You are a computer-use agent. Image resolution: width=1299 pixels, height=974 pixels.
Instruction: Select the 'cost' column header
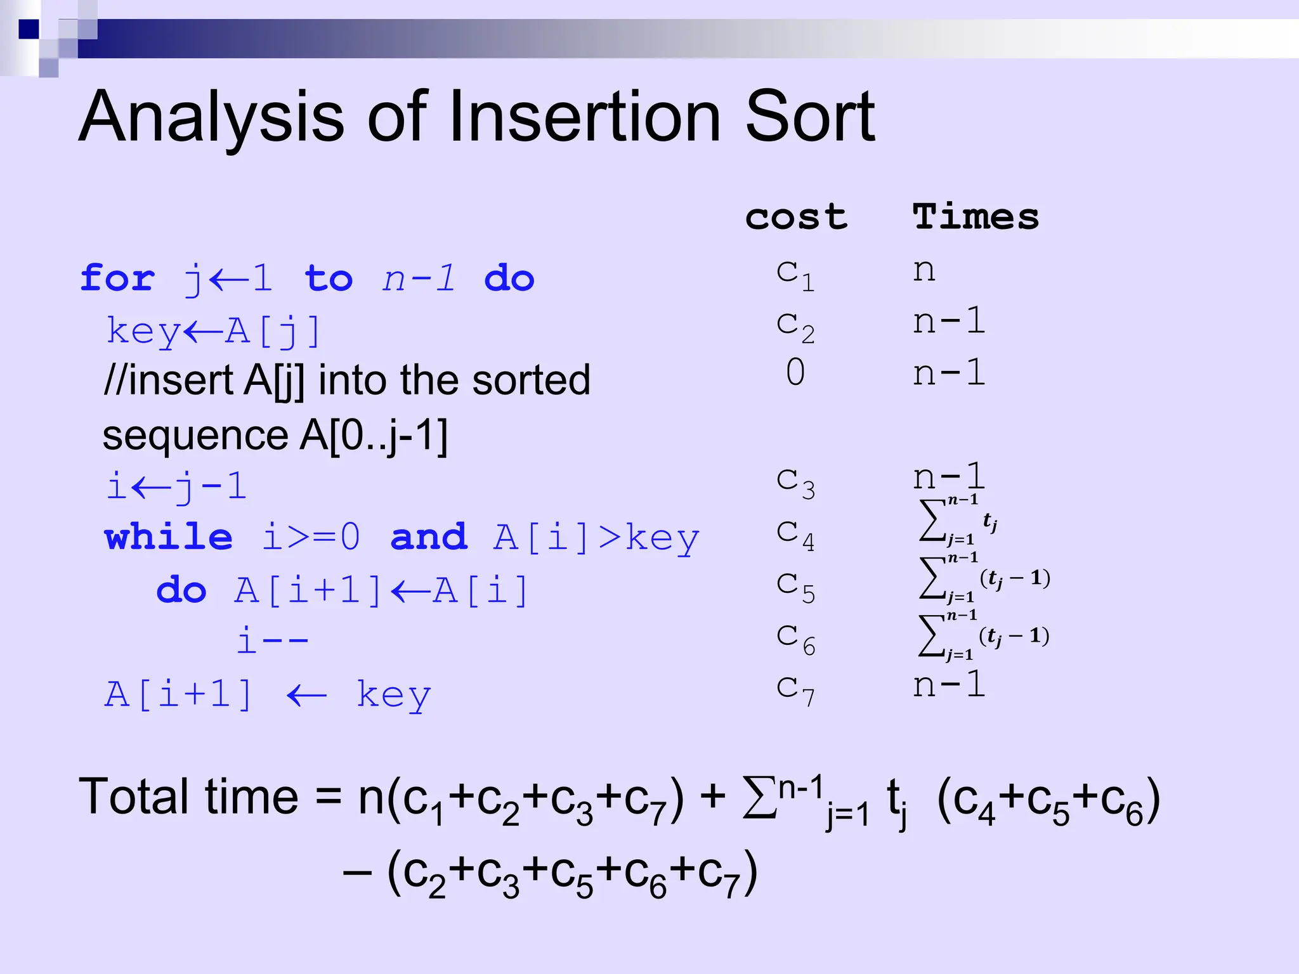click(x=796, y=218)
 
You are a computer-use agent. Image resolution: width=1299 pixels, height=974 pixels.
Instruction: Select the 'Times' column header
click(x=976, y=218)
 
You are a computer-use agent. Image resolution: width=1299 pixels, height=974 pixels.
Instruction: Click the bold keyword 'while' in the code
click(x=168, y=537)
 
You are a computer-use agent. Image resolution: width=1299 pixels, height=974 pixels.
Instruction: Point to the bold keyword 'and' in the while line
click(x=429, y=537)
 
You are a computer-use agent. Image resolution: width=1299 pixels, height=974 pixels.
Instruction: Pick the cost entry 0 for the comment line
click(x=795, y=372)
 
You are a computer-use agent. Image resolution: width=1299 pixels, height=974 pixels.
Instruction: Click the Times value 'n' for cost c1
click(x=924, y=271)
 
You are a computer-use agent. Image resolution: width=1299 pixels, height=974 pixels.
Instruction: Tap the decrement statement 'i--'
click(x=272, y=640)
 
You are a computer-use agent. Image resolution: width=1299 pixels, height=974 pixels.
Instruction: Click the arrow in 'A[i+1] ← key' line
click(x=307, y=696)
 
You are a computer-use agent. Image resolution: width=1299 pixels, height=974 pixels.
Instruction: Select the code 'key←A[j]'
click(x=214, y=331)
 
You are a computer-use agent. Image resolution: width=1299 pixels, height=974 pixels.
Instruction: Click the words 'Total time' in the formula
click(x=188, y=797)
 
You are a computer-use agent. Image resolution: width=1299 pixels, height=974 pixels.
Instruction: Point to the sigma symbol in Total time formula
click(x=759, y=798)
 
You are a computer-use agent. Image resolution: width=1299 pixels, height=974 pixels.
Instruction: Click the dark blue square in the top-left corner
click(x=29, y=29)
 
